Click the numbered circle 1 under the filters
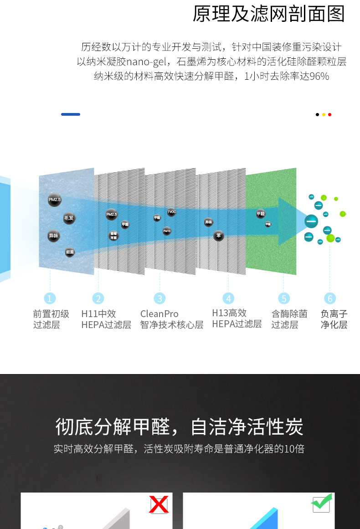click(x=50, y=298)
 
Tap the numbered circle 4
click(x=228, y=298)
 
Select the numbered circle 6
click(x=330, y=298)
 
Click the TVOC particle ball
click(x=171, y=212)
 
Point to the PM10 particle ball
click(x=167, y=231)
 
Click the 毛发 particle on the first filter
click(x=69, y=218)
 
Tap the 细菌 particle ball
click(x=70, y=252)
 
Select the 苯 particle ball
click(x=219, y=236)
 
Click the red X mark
click(x=159, y=504)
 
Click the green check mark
click(x=321, y=503)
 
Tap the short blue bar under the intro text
click(x=71, y=114)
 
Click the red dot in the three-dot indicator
click(x=330, y=114)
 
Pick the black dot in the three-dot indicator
click(x=317, y=114)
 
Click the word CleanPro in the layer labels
click(x=159, y=314)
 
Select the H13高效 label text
click(x=229, y=313)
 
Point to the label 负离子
click(x=334, y=314)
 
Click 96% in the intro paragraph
click(x=319, y=77)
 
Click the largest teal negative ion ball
click(x=312, y=222)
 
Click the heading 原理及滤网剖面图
click(x=269, y=14)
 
